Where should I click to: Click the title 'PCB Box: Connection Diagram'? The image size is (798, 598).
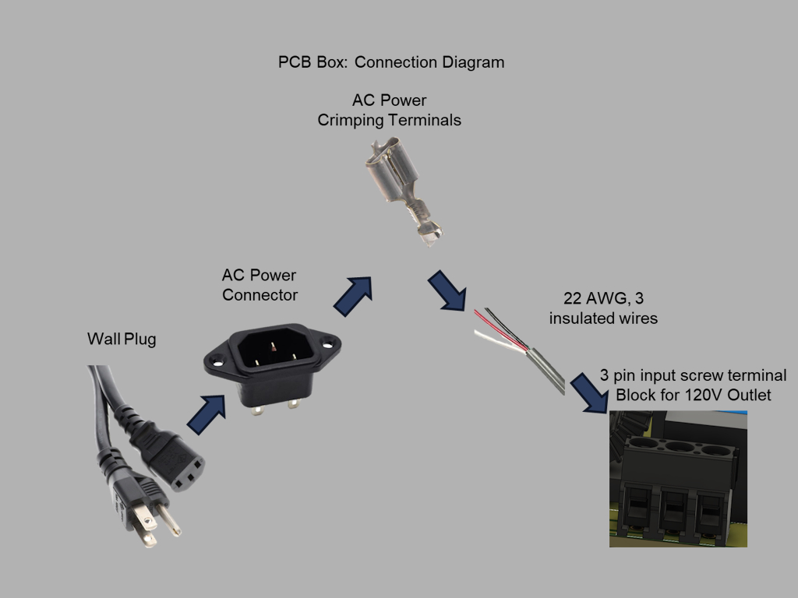[390, 62]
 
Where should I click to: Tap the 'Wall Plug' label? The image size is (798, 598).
[121, 339]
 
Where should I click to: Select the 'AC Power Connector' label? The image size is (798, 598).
[260, 285]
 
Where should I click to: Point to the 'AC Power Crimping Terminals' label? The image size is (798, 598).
[389, 111]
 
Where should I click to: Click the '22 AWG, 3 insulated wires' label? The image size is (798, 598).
[603, 308]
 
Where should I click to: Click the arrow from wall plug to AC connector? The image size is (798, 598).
[206, 414]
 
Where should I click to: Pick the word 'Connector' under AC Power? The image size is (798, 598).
[260, 295]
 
